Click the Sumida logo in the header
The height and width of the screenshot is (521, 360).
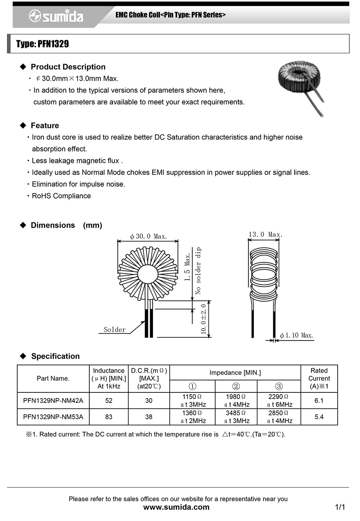pos(56,16)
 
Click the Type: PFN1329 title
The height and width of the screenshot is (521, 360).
pos(42,44)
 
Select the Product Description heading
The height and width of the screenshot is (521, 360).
pos(68,67)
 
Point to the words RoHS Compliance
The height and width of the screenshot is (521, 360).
pos(61,196)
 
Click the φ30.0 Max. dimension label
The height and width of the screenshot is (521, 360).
pos(148,237)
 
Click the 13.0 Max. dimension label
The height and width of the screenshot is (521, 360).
pos(265,235)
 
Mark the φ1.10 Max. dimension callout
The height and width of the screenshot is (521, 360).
pos(296,335)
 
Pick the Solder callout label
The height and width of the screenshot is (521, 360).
pos(114,330)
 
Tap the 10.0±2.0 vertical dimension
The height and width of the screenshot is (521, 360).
pos(204,319)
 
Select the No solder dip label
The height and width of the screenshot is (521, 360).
pos(198,271)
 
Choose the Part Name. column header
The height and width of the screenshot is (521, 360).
pos(53,378)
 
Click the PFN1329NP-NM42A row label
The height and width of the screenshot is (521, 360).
pos(53,401)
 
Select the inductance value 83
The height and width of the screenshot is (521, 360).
pos(109,417)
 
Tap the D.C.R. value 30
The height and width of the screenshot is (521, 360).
pos(149,401)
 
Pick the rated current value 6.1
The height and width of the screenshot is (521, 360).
pos(319,401)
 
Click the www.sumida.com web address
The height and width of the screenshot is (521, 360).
pos(176,507)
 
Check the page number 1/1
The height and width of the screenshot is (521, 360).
pos(340,507)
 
